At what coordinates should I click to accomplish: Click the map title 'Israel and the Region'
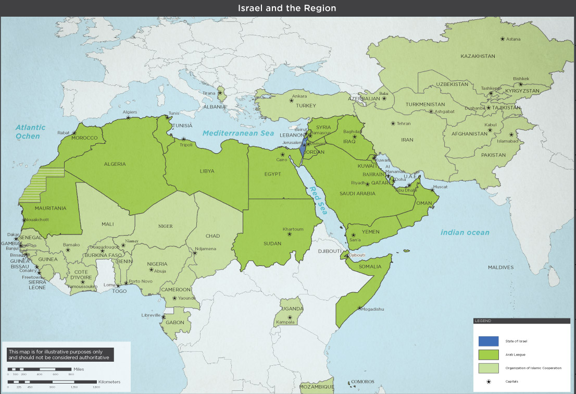pyautogui.click(x=287, y=8)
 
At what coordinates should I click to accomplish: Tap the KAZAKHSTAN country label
pyautogui.click(x=478, y=56)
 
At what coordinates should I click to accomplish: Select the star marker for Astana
pyautogui.click(x=502, y=39)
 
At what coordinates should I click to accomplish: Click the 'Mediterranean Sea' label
pyautogui.click(x=238, y=133)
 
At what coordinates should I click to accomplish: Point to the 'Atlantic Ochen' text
pyautogui.click(x=30, y=131)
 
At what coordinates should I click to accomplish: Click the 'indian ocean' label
pyautogui.click(x=465, y=232)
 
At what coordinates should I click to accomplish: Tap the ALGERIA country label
pyautogui.click(x=115, y=164)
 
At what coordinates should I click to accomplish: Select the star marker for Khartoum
pyautogui.click(x=290, y=234)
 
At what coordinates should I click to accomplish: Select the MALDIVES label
pyautogui.click(x=500, y=267)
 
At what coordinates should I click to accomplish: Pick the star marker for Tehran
pyautogui.click(x=393, y=124)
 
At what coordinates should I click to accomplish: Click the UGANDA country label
pyautogui.click(x=292, y=309)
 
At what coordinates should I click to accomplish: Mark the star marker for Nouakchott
pyautogui.click(x=23, y=219)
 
